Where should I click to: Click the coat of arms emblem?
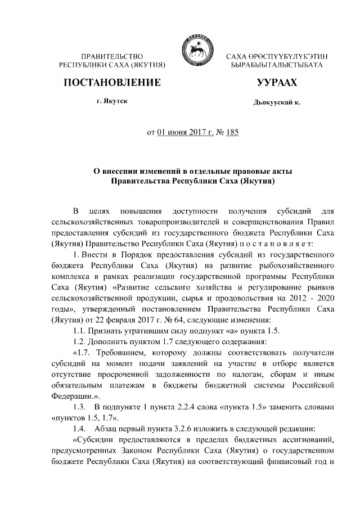coord(195,52)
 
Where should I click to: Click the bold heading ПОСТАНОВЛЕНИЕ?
coord(112,83)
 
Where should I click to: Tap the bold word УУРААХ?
coord(276,83)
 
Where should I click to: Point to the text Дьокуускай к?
coord(277,103)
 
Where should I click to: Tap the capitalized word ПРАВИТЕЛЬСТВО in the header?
coord(112,57)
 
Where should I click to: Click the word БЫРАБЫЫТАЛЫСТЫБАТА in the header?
coord(276,66)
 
